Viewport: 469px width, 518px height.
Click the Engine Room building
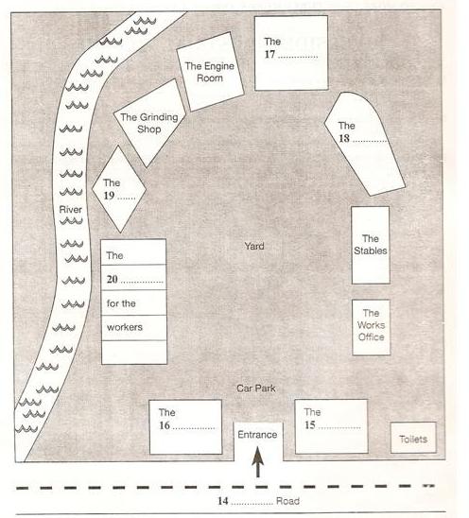[210, 72]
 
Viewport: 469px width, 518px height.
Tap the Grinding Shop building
[149, 123]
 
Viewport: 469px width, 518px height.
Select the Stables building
[371, 245]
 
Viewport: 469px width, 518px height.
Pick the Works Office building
[372, 327]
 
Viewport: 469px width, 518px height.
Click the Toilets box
[413, 438]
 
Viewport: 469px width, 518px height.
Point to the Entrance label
[257, 435]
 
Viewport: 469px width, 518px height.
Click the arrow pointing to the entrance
[258, 461]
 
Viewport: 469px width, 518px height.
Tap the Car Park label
[256, 388]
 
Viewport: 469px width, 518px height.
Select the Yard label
[254, 246]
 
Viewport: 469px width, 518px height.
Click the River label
[70, 210]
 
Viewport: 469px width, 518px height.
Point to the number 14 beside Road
[223, 501]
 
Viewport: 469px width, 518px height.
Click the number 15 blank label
[310, 424]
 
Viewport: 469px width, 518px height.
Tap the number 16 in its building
[165, 425]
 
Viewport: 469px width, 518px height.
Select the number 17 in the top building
[269, 54]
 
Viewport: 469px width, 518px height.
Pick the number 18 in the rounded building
[344, 138]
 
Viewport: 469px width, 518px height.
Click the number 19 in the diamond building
[109, 196]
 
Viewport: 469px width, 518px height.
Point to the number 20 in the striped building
[112, 279]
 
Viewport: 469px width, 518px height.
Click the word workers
[125, 327]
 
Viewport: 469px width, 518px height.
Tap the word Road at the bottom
[287, 501]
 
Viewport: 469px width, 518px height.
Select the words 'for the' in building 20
[121, 303]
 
